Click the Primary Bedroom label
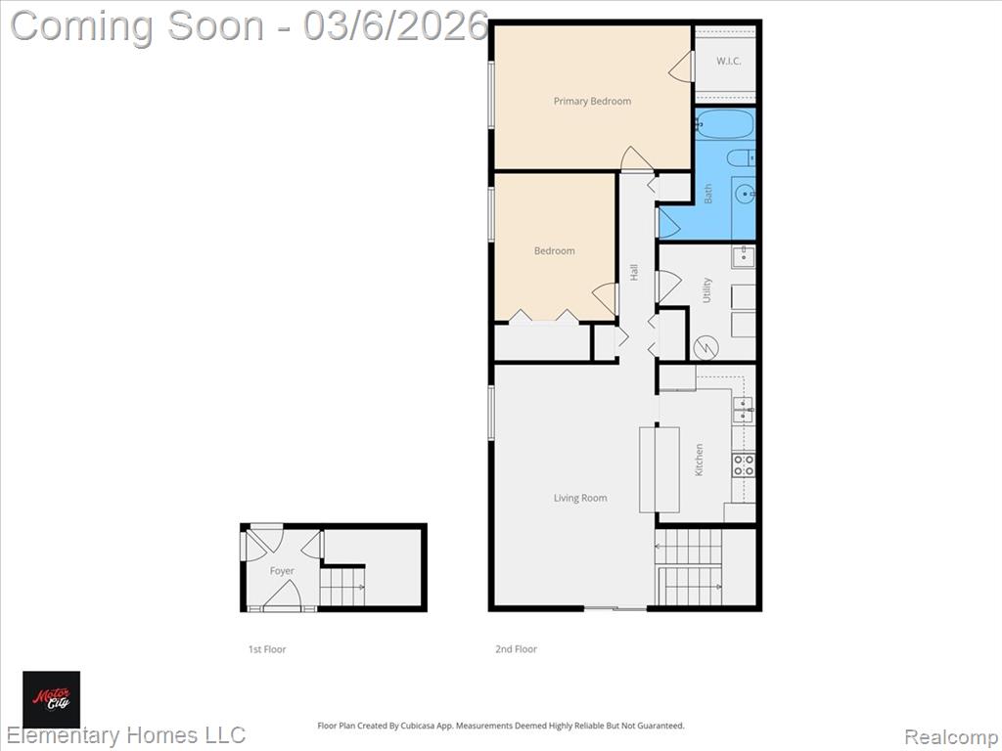[592, 101]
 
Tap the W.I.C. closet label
[728, 62]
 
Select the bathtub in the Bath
[725, 124]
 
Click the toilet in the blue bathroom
[742, 157]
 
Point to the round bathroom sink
[745, 193]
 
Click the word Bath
[708, 194]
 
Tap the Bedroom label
[554, 251]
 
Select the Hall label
[634, 272]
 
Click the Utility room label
[706, 289]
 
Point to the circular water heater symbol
[706, 347]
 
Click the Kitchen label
[699, 460]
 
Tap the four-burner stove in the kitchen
[744, 464]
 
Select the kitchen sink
[743, 410]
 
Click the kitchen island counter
[660, 469]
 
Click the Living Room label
[580, 498]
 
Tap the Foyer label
[282, 571]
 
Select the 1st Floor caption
[267, 649]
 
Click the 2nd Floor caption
[517, 649]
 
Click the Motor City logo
[52, 699]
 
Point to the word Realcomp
[951, 737]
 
